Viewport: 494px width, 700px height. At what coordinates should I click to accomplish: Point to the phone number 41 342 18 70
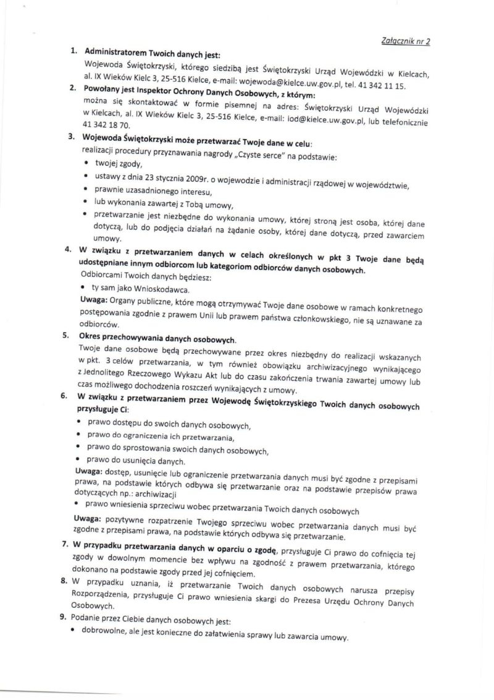(x=106, y=125)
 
